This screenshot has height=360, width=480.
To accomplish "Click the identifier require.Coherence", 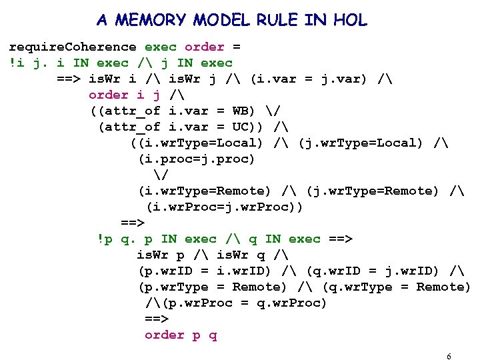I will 72,47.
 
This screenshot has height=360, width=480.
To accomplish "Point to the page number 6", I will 449,356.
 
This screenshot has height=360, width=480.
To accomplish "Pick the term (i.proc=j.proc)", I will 196,159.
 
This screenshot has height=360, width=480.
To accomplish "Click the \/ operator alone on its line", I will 160,175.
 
